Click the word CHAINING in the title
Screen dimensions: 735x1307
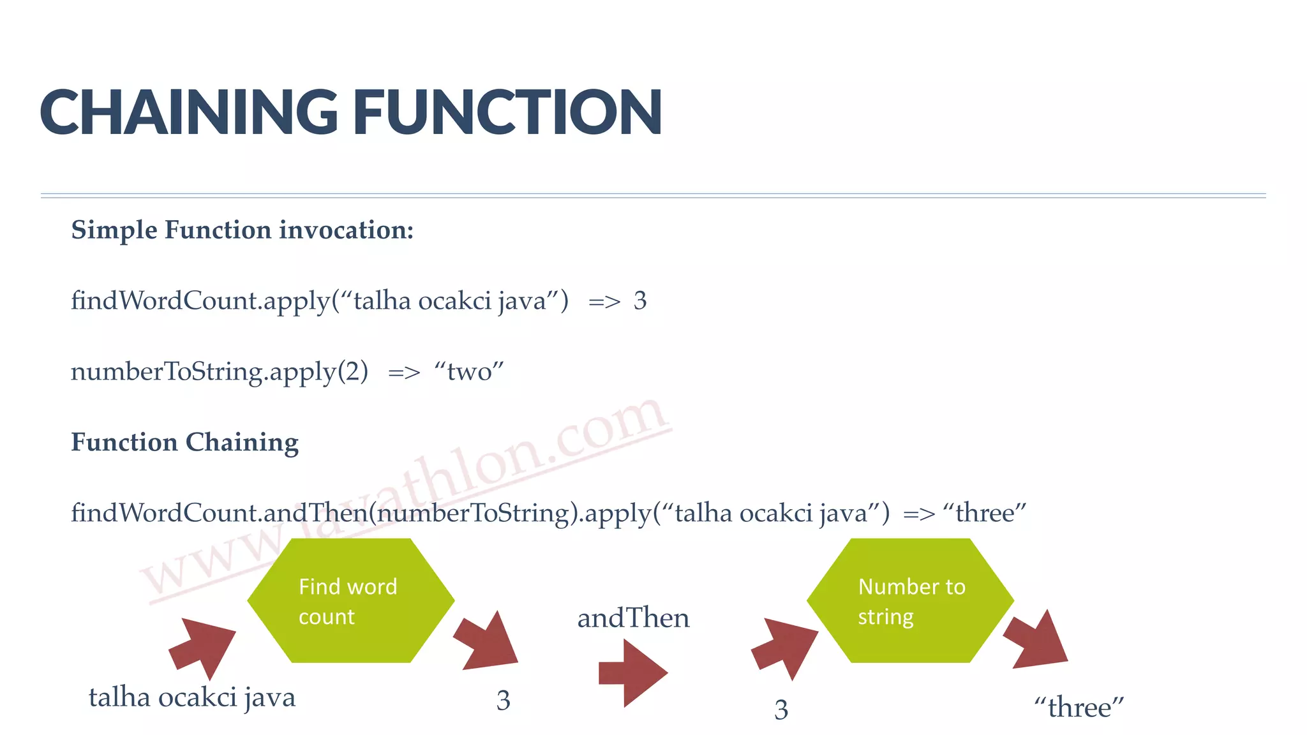point(188,112)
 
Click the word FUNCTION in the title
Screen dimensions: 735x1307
point(507,112)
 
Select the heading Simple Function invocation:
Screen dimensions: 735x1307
point(243,230)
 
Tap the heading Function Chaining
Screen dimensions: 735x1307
point(184,442)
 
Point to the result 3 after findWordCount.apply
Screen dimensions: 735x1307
point(640,301)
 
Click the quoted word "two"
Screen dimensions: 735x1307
point(469,371)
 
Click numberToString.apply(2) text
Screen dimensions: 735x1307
point(220,372)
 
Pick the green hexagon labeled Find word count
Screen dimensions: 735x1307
point(350,600)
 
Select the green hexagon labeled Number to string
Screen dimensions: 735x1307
point(910,600)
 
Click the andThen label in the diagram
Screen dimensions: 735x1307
point(633,618)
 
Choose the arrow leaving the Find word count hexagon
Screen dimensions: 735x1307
point(488,642)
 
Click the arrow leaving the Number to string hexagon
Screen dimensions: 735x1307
point(1037,641)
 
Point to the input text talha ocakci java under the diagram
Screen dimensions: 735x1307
point(192,697)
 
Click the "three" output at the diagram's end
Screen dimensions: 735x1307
point(1079,708)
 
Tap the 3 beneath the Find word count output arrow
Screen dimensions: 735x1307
point(504,701)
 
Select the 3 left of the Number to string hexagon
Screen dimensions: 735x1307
point(781,709)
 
